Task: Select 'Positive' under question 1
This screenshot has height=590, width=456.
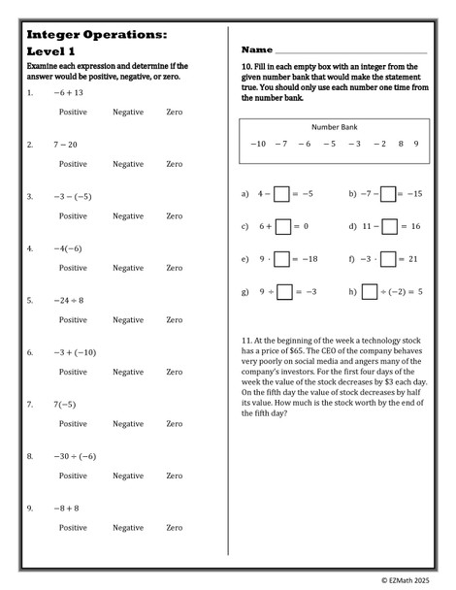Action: pos(74,113)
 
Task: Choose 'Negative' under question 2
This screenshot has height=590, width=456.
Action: pos(127,164)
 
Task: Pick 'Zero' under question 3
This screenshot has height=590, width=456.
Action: pos(174,215)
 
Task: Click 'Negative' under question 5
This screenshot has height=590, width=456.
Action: pos(127,319)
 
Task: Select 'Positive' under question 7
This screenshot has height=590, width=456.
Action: pos(74,423)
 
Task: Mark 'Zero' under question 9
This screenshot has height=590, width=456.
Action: pos(174,527)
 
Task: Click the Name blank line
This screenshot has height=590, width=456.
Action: pos(351,50)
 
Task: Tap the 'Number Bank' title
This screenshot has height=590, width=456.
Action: pos(335,127)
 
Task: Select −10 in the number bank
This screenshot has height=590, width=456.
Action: pos(257,144)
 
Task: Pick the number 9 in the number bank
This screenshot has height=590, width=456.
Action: pos(416,144)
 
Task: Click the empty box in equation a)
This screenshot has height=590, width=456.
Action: pos(281,194)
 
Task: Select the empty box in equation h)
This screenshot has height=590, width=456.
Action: pos(369,291)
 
